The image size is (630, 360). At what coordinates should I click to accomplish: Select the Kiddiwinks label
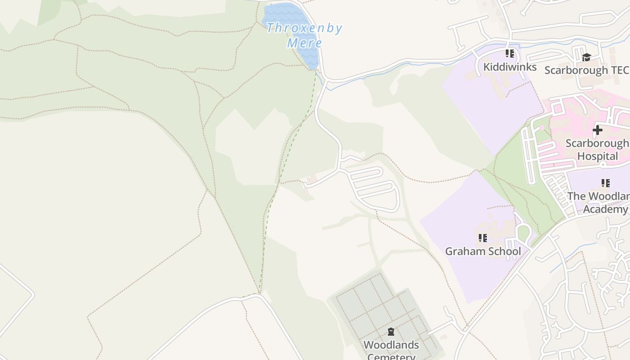[x=510, y=67]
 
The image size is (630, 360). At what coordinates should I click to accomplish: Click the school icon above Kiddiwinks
[x=510, y=54]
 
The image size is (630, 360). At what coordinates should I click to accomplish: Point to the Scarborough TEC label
[x=586, y=70]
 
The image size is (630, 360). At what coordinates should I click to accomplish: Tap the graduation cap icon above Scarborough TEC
[x=586, y=57]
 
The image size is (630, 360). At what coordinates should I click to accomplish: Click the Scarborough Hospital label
[x=597, y=150]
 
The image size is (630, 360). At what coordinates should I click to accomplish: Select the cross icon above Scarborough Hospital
[x=597, y=130]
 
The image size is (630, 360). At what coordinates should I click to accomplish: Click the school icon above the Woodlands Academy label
[x=606, y=183]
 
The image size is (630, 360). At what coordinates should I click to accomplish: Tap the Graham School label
[x=483, y=251]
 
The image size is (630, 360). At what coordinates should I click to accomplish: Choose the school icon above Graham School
[x=483, y=238]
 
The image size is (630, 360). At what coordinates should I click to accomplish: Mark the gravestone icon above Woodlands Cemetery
[x=391, y=332]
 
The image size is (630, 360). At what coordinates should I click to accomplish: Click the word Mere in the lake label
[x=305, y=43]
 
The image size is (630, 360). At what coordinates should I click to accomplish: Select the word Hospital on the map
[x=598, y=156]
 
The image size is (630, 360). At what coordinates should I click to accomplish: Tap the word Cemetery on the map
[x=391, y=356]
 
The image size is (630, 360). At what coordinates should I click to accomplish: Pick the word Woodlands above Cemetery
[x=391, y=345]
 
